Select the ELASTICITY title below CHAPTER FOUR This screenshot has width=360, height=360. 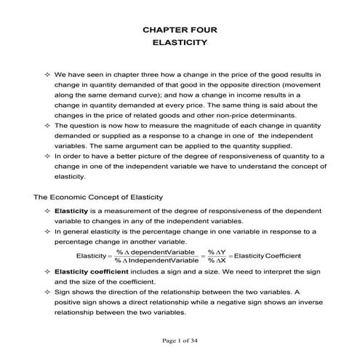[180, 43]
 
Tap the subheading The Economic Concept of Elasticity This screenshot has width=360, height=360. [98, 197]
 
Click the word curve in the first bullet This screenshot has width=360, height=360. [158, 95]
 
